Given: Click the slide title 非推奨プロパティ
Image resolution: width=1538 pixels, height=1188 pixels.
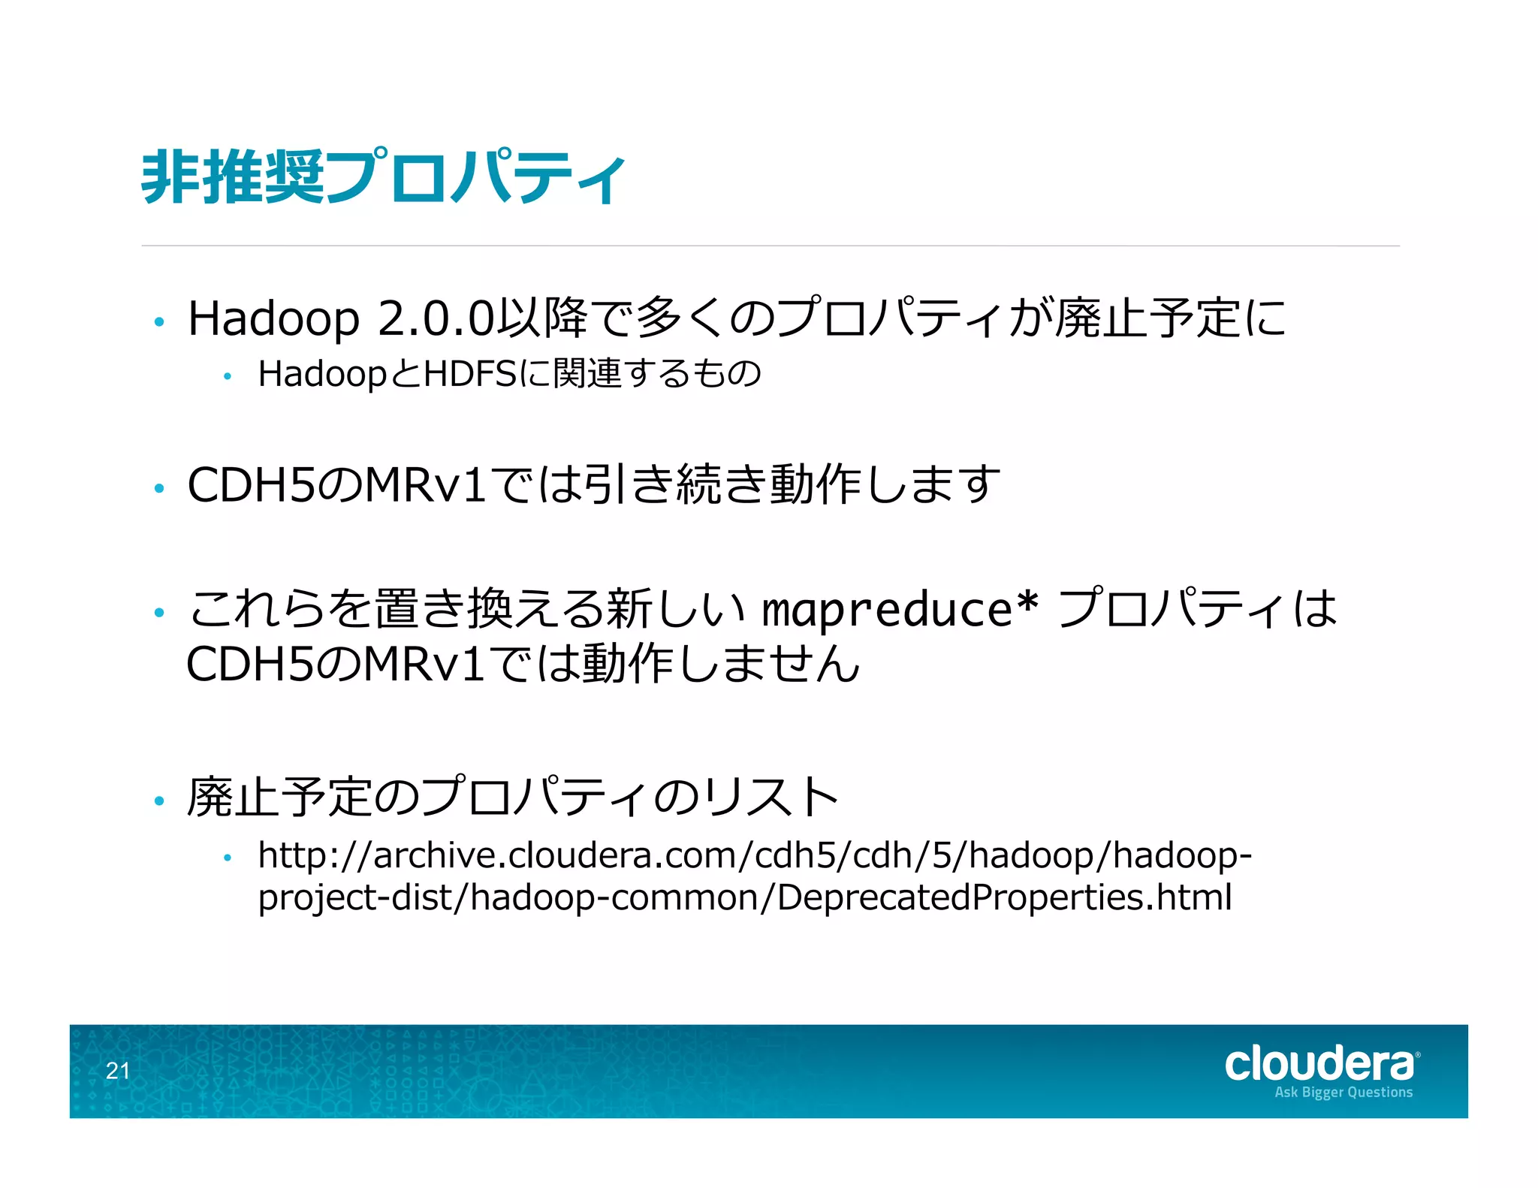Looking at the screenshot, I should tap(383, 177).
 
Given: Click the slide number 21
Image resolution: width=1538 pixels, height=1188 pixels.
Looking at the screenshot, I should tap(118, 1071).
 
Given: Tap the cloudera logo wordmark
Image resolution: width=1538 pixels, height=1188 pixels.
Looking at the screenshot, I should tap(1320, 1064).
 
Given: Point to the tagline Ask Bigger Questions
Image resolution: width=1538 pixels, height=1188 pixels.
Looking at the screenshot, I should tap(1343, 1093).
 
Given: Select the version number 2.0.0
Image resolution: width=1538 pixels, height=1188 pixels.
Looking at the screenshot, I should tap(436, 318).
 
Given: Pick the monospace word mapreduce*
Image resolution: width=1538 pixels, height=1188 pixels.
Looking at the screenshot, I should tap(900, 609).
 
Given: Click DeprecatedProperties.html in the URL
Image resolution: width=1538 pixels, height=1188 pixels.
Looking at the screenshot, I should tap(1004, 897).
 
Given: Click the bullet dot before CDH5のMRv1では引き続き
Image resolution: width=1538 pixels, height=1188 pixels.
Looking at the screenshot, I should tap(158, 489).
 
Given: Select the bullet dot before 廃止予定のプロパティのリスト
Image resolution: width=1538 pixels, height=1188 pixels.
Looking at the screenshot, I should tap(158, 801).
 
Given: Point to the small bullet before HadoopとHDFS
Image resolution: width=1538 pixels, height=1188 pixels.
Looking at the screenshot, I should tap(228, 377).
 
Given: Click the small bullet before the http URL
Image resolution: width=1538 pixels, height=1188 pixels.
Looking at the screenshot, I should tap(228, 858).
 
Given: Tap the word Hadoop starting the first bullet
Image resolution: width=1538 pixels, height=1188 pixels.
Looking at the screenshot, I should tap(273, 318).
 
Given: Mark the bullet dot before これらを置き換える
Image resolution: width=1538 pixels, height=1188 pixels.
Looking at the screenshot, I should tap(158, 613).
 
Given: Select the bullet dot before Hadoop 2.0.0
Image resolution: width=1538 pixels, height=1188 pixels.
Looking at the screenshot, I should tap(158, 322).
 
